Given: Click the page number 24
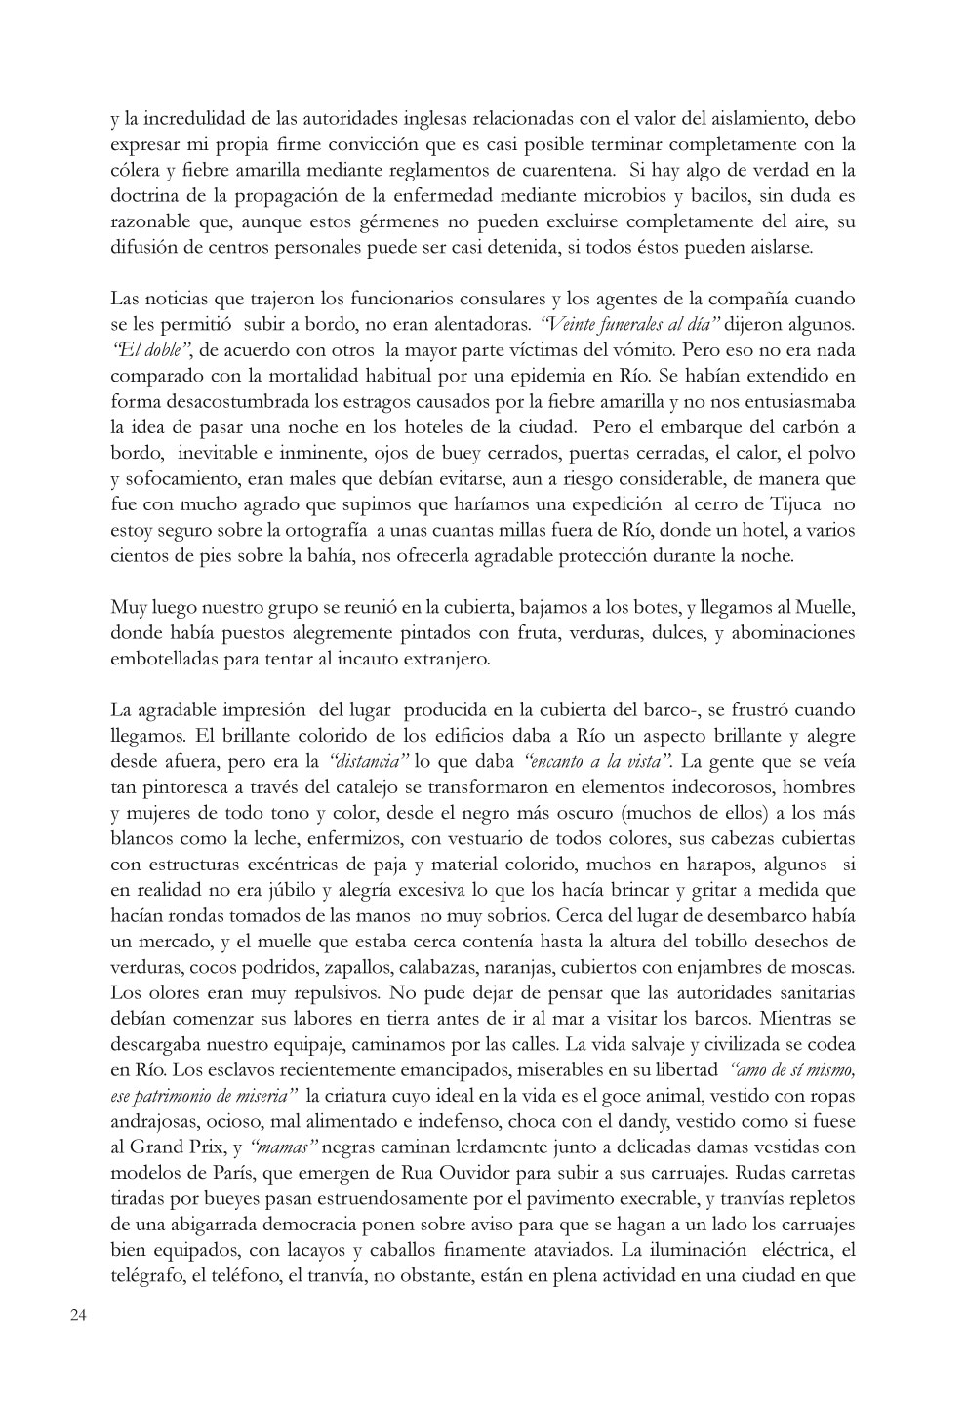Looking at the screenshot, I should [x=79, y=1315].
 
